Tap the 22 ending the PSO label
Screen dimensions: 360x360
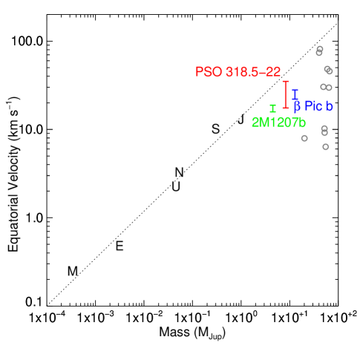tap(274, 72)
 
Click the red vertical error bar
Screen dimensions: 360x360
tap(285, 94)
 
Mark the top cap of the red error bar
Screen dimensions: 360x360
tap(285, 81)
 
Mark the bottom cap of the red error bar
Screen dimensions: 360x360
tap(285, 108)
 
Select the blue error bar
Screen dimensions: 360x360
tap(295, 94)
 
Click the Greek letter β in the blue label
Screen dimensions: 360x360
tap(297, 107)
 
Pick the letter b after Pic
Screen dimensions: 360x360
tap(329, 106)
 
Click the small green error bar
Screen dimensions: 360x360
tap(272, 108)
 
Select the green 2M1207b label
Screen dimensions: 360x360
tap(278, 122)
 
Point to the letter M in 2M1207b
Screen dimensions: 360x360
tap(264, 122)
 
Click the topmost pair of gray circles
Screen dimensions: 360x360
tap(319, 51)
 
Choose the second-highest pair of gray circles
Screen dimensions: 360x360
tap(328, 70)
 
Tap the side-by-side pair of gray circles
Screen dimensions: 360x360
tap(326, 88)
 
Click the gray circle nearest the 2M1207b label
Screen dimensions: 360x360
tap(304, 138)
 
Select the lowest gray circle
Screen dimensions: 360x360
tap(325, 147)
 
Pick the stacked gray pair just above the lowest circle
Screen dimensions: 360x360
tap(324, 130)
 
